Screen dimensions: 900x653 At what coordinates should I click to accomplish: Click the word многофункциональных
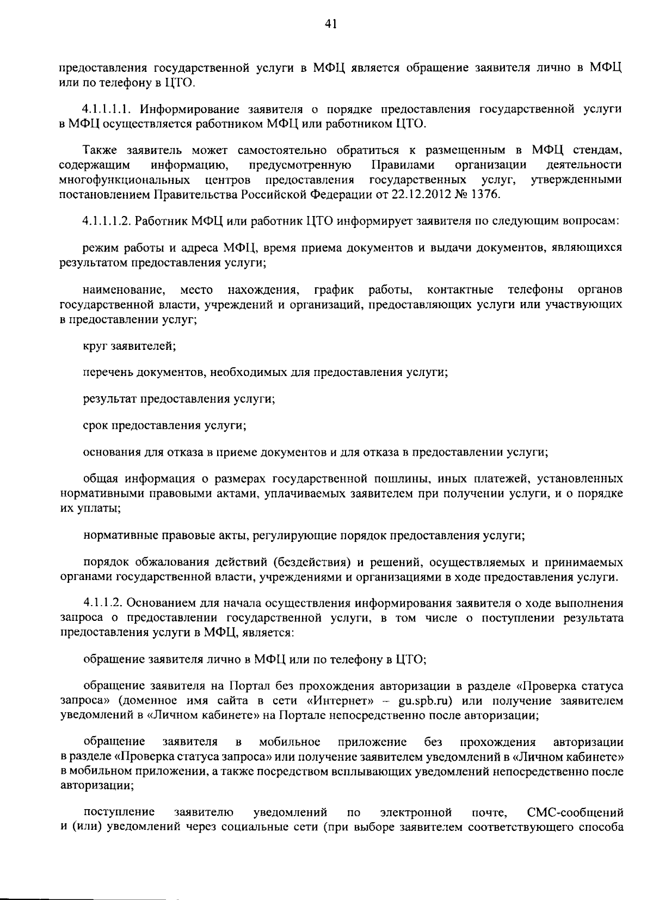tap(125, 180)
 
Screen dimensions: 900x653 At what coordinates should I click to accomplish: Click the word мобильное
tap(289, 742)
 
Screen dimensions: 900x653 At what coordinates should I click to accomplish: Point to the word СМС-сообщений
tap(575, 813)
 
